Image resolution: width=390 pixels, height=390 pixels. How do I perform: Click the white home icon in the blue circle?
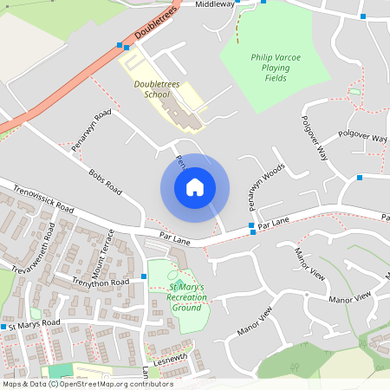194,186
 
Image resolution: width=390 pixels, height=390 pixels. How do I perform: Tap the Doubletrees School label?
153,88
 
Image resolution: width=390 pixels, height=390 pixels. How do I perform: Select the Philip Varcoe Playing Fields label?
276,68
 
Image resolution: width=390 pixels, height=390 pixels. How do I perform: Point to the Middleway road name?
215,4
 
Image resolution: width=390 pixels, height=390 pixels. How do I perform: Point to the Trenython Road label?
101,283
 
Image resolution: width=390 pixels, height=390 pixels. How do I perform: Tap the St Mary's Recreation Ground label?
187,296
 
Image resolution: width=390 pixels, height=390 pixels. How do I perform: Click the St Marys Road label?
35,323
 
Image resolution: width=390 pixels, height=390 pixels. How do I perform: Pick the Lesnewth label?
170,357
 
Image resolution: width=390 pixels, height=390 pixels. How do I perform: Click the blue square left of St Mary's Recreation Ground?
144,276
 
